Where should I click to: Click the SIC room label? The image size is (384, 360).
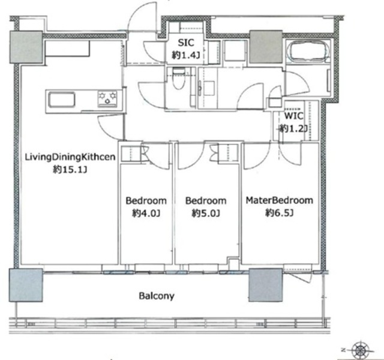[x=186, y=43]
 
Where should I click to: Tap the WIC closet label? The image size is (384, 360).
[x=293, y=116]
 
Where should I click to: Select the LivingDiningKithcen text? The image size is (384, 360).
[x=70, y=157]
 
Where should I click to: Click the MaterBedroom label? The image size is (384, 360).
[x=280, y=200]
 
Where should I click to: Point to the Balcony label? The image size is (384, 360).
[x=157, y=296]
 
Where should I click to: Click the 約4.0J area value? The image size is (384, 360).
[x=146, y=214]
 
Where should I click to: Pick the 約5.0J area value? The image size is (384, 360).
[x=206, y=214]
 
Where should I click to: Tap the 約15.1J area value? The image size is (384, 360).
[x=70, y=169]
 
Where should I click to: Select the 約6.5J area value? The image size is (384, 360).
[x=280, y=214]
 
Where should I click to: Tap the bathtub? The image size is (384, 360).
[x=308, y=52]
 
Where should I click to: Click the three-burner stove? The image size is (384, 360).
[x=107, y=98]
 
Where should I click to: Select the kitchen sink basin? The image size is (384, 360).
[x=61, y=100]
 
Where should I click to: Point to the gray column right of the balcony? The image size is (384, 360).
[x=265, y=285]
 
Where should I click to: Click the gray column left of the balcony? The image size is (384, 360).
[x=26, y=285]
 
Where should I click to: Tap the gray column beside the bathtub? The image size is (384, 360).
[x=266, y=47]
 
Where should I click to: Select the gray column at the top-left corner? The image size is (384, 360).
[x=26, y=47]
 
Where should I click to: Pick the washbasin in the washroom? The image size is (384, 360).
[x=208, y=88]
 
